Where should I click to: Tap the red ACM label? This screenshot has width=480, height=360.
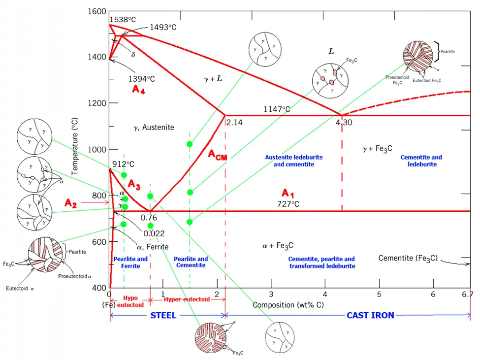[217, 155]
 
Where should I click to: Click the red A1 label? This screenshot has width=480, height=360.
[288, 193]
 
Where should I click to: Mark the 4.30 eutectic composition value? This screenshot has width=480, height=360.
[344, 123]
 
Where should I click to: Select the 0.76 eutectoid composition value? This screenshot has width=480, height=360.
[149, 217]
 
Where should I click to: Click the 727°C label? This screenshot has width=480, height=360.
[288, 203]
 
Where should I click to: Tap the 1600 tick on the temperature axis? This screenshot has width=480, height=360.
[96, 11]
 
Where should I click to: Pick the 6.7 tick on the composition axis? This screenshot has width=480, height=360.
[467, 295]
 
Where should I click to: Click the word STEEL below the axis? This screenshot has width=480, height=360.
[163, 315]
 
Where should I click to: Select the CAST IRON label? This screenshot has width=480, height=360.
[370, 315]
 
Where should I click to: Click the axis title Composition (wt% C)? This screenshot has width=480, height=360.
[288, 305]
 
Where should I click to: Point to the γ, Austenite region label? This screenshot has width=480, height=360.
[154, 127]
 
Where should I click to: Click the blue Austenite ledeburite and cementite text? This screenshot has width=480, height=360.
[294, 161]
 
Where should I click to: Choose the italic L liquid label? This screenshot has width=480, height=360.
[331, 51]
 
